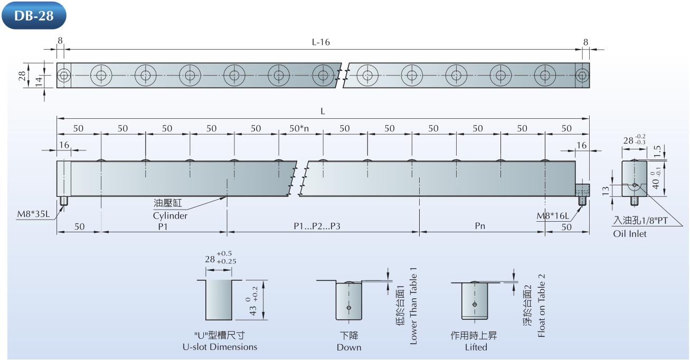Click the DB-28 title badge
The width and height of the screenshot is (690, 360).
tap(34, 15)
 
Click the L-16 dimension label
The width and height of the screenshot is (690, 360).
tap(320, 42)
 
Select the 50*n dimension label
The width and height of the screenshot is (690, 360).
tap(299, 128)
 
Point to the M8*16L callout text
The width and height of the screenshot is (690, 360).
tap(553, 216)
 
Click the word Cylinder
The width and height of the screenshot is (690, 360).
tap(170, 215)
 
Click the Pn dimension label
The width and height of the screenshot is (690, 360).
tap(479, 226)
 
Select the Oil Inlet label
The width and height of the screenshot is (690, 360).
tap(629, 233)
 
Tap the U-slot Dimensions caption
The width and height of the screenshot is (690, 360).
tap(220, 347)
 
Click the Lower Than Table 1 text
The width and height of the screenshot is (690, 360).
tap(413, 306)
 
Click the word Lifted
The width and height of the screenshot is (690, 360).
tap(476, 347)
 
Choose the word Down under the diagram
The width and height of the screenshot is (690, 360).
tap(349, 347)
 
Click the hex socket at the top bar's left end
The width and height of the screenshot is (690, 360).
tap(64, 75)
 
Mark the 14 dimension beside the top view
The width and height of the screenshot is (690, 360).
tap(39, 81)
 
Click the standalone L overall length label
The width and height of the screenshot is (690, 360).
tap(323, 111)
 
